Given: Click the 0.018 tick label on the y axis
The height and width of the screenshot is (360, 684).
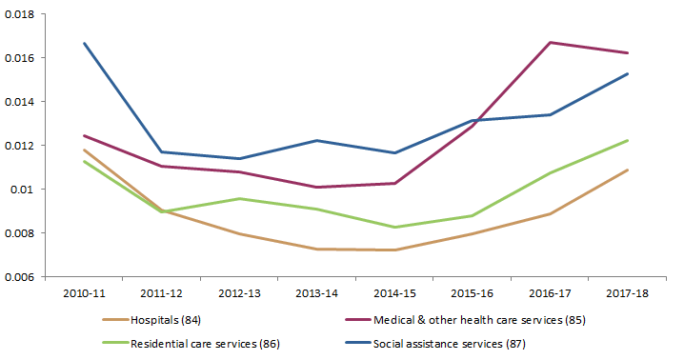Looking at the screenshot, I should tap(20, 14).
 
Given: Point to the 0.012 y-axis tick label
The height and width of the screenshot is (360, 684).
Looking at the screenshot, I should tap(20, 146).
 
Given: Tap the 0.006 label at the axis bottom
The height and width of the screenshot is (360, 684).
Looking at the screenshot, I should tap(20, 277).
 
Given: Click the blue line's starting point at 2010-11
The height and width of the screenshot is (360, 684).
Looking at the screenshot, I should tap(84, 43).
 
